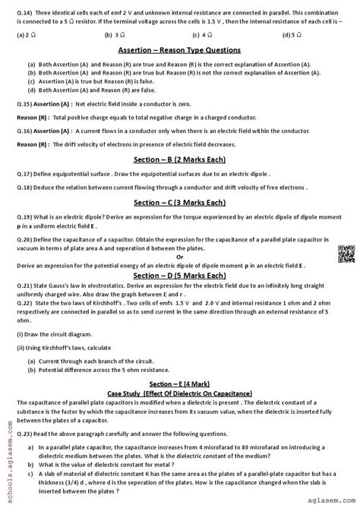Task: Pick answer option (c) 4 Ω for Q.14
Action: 201,35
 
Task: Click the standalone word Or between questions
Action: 179,257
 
